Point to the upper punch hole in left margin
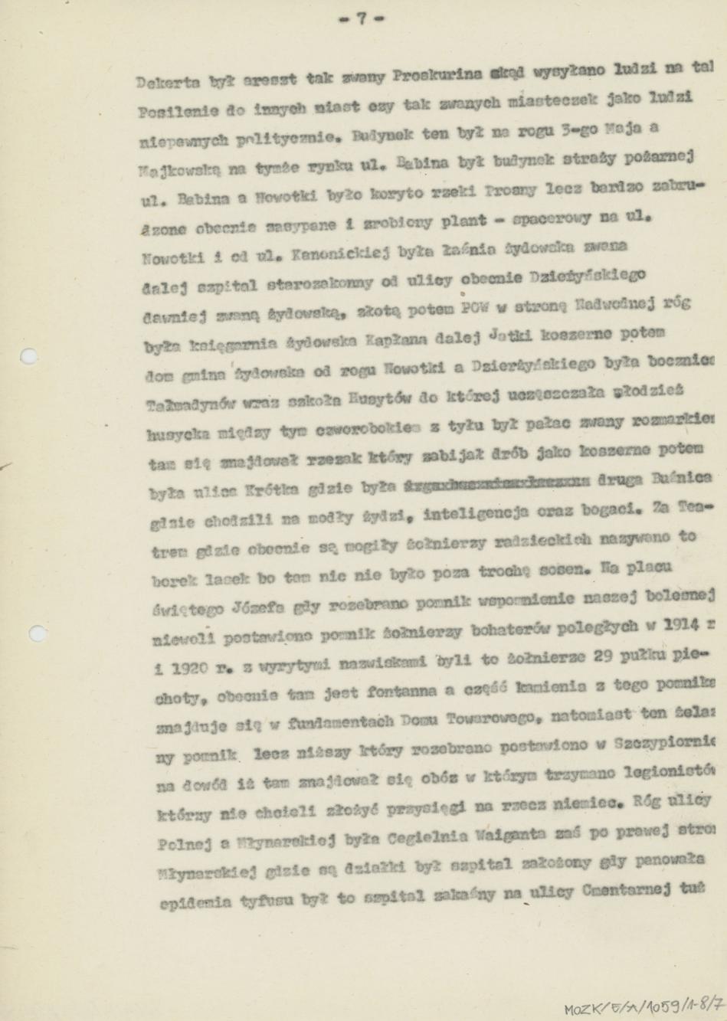click(29, 355)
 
